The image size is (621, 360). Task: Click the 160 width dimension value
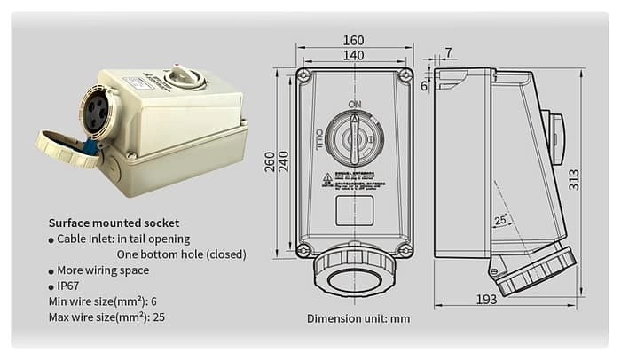coord(353,40)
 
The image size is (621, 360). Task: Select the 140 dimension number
coord(353,56)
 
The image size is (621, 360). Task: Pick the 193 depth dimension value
coord(486,300)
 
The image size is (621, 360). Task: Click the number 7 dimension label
coord(448,52)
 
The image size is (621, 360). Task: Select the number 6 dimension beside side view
coord(424,86)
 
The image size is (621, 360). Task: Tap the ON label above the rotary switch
coord(354,105)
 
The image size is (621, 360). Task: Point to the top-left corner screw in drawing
coord(303,76)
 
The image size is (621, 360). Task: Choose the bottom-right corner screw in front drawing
coord(405,251)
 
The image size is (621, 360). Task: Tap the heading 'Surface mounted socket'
coord(114,223)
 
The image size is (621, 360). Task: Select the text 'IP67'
coord(68,286)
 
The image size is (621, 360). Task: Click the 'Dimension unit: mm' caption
coord(358,317)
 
